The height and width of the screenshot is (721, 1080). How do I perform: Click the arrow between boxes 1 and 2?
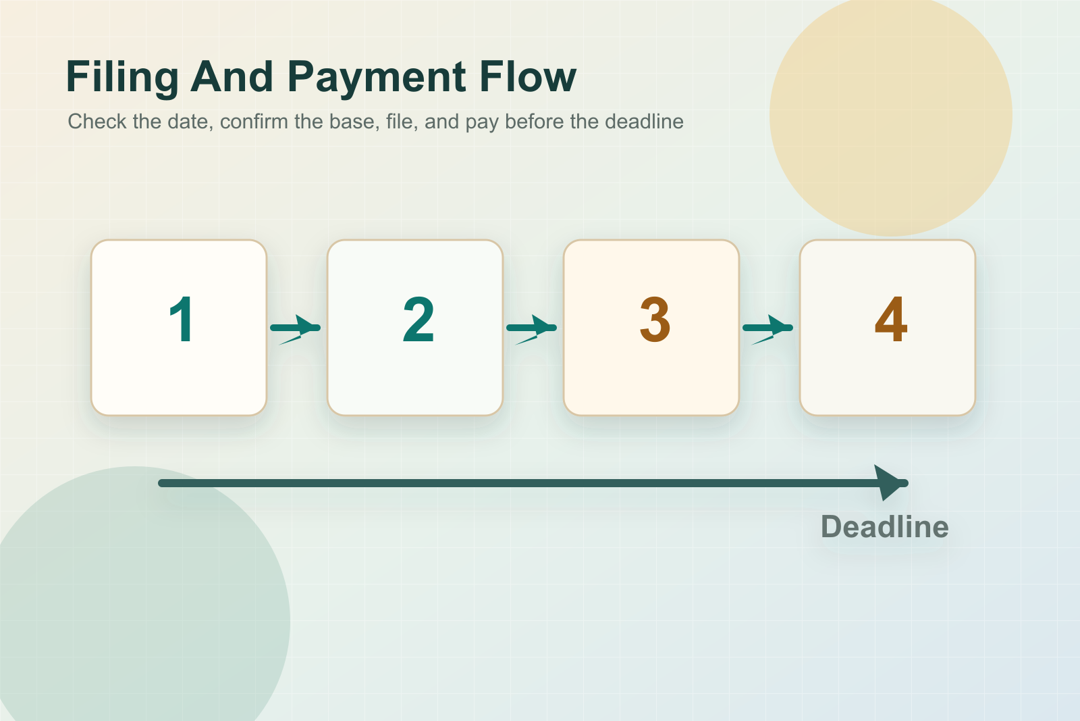(295, 329)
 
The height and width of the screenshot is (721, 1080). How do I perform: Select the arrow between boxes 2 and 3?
(531, 329)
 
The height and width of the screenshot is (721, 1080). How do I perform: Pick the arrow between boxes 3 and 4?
(767, 329)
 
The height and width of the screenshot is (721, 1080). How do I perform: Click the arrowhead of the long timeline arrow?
(890, 482)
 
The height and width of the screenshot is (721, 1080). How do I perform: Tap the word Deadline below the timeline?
(885, 526)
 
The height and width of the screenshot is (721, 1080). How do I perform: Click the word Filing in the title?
(122, 78)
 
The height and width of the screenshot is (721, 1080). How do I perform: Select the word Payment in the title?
(377, 78)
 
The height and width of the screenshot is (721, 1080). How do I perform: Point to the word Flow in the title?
(528, 76)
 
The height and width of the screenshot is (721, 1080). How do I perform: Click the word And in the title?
(232, 76)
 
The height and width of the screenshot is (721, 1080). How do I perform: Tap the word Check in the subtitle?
(97, 121)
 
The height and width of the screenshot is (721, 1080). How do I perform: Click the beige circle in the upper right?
(890, 115)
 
